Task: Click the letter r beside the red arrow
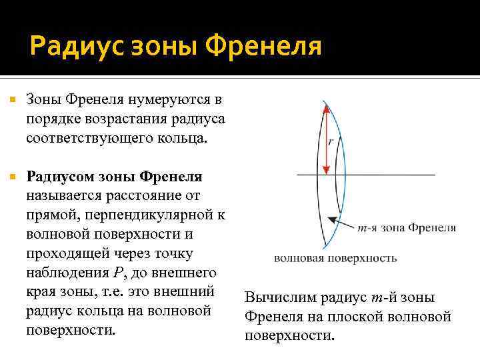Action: tap(331, 141)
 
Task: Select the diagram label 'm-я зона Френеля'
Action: tap(407, 228)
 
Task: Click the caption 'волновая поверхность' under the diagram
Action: tap(335, 258)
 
